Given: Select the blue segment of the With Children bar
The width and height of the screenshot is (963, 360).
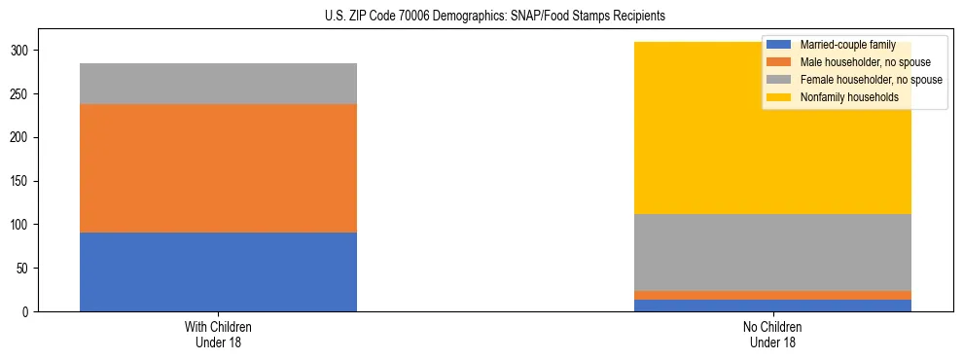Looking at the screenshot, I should pos(218,271).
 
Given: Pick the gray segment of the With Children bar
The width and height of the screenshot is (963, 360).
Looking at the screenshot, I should pos(218,84).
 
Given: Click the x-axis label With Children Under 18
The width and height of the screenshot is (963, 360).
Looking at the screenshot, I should pos(218,335).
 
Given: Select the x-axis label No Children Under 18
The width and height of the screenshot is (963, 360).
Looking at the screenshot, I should pos(772,335).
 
